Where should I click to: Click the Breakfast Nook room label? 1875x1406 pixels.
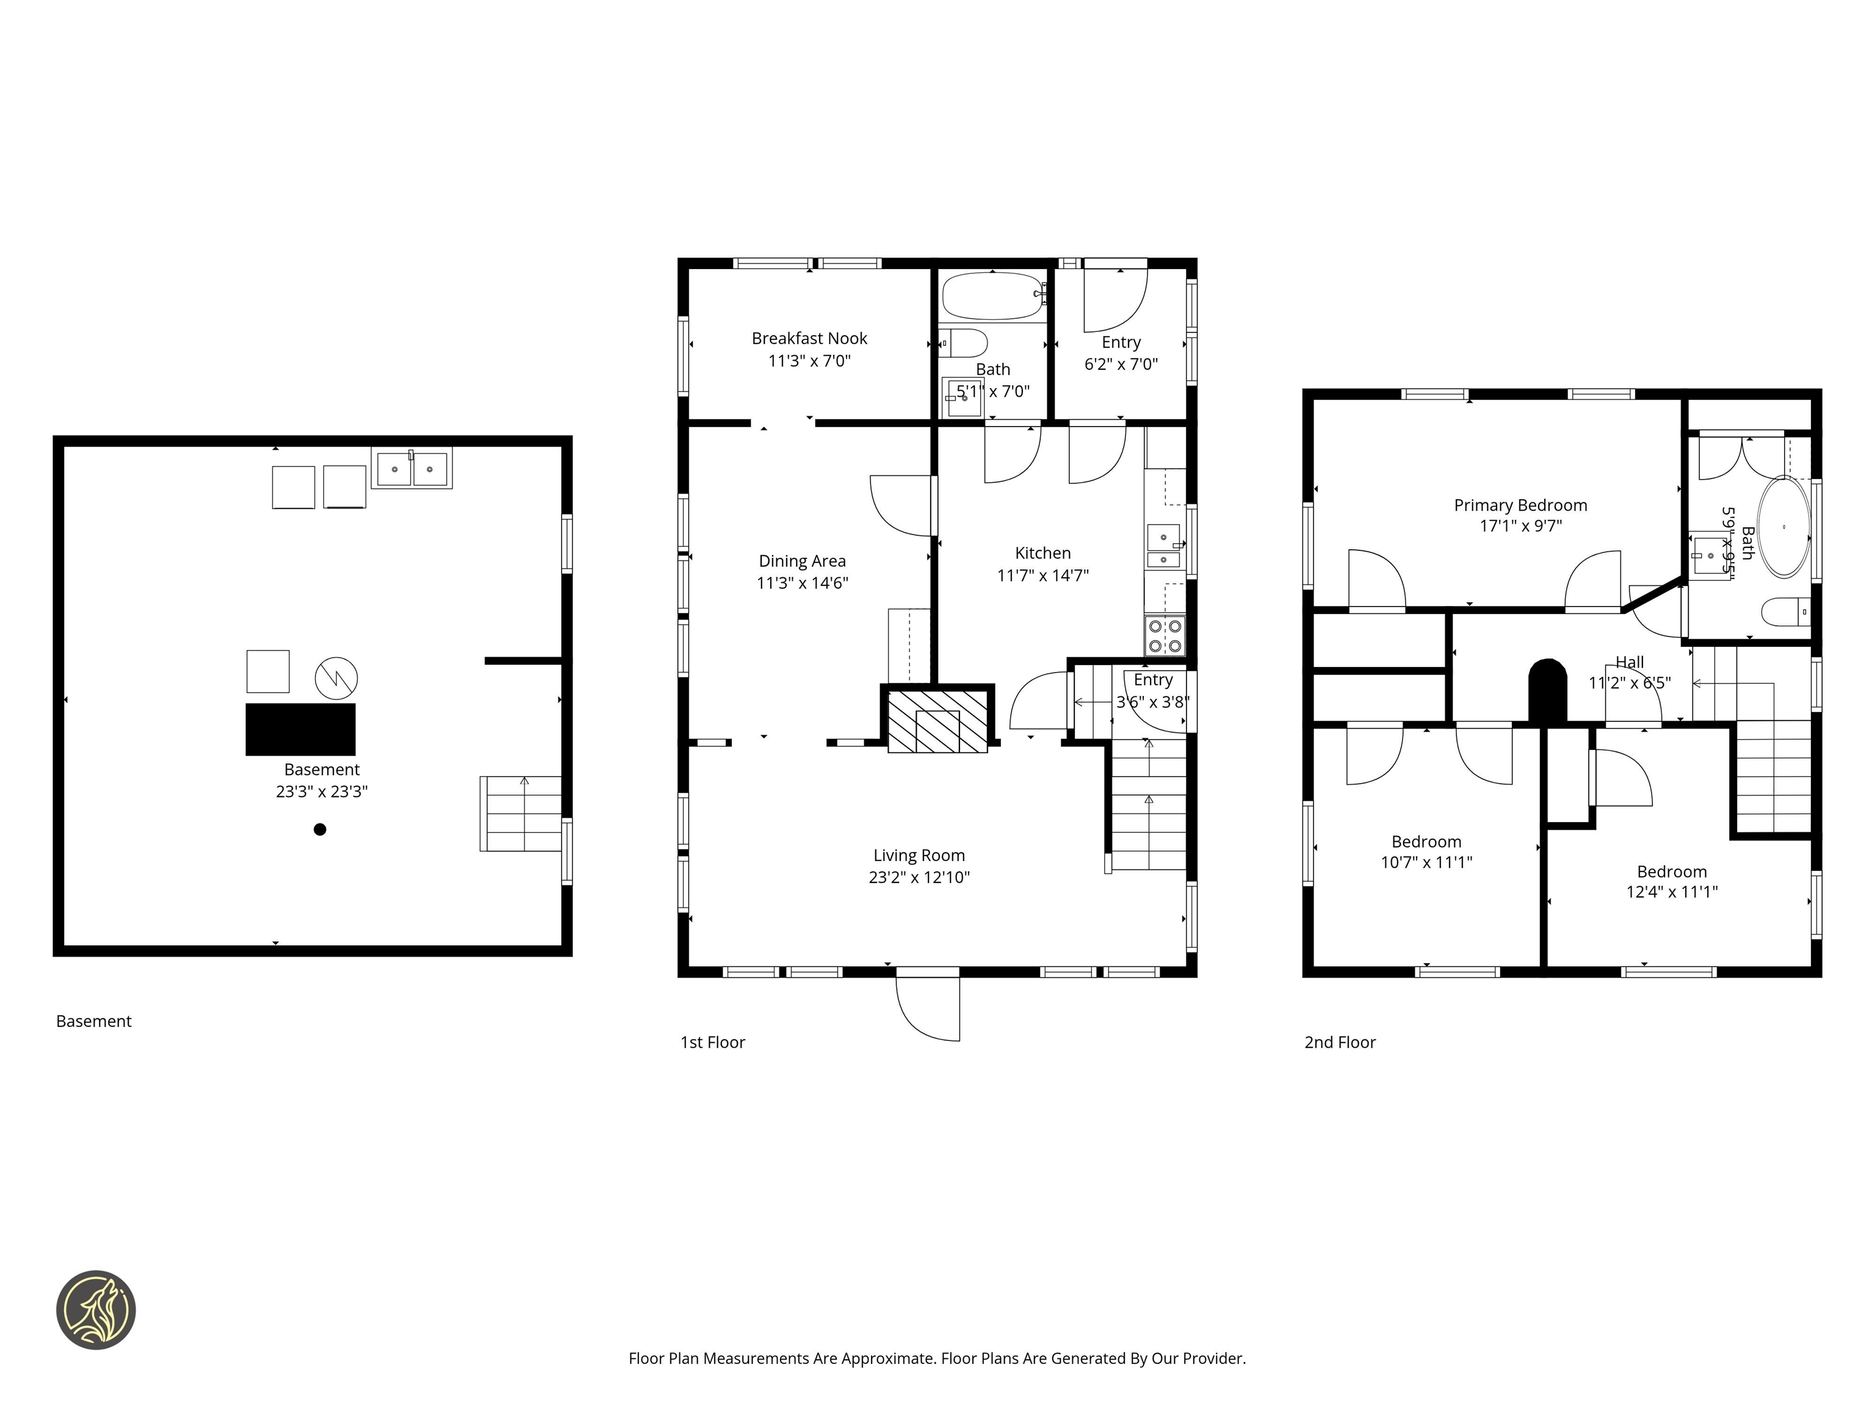(809, 338)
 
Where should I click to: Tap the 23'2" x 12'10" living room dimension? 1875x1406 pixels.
(919, 877)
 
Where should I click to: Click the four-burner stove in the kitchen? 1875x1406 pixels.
(1165, 636)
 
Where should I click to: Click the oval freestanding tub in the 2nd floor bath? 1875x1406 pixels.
(1783, 527)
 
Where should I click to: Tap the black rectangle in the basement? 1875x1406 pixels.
(300, 729)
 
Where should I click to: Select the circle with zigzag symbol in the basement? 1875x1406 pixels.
(336, 677)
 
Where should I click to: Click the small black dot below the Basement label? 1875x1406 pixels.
(320, 830)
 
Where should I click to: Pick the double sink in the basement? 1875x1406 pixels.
(411, 468)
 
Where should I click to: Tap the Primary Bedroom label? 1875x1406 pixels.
(1520, 505)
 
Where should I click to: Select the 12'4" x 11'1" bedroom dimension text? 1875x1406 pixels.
(1672, 892)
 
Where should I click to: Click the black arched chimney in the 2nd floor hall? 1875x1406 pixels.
(1547, 690)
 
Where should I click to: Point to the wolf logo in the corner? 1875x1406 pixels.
(96, 1310)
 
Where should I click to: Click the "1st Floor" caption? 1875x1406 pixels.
(712, 1042)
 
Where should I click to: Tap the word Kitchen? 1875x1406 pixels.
(1042, 553)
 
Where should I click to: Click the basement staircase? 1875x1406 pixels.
(521, 813)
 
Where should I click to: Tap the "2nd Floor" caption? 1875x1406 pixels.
(1339, 1042)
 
